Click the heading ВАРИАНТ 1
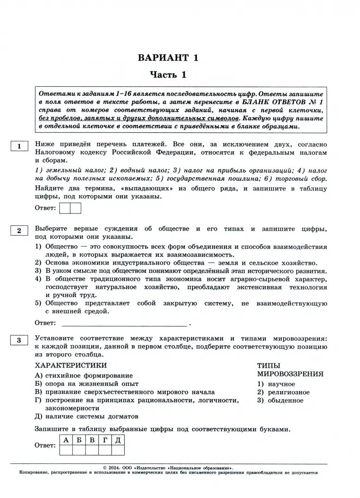[x=168, y=58]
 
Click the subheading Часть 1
[x=168, y=75]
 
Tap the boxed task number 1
[x=19, y=147]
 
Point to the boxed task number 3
[x=19, y=341]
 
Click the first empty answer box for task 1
[x=65, y=208]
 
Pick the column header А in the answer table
[x=66, y=440]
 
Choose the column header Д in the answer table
[x=118, y=440]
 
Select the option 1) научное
[x=276, y=384]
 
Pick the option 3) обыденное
[x=280, y=400]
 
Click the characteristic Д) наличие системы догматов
[x=87, y=416]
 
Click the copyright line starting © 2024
[x=168, y=467]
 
